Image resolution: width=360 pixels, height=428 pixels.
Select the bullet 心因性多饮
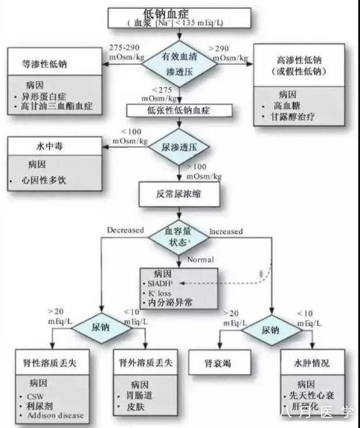pos(43,179)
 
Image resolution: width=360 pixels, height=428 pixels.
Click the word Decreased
pos(125,232)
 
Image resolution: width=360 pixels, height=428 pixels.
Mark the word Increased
pos(225,232)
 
